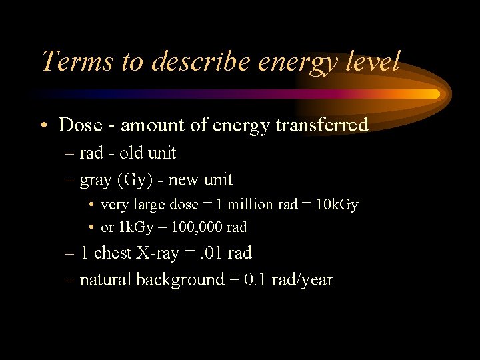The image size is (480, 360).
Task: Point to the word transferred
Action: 323,125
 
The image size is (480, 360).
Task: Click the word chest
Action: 113,253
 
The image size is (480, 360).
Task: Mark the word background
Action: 180,280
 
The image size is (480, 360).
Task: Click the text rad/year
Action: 301,280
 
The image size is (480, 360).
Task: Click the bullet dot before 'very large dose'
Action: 91,205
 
